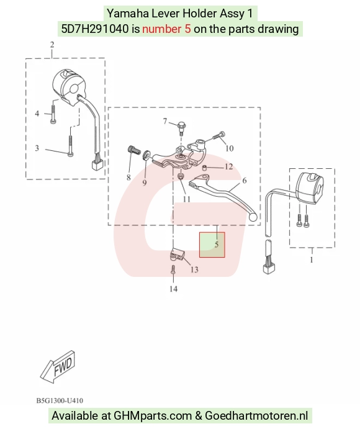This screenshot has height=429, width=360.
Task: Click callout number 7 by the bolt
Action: [x=165, y=121]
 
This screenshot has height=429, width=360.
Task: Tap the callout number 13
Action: [x=194, y=270]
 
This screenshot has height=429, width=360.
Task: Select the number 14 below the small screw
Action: [x=173, y=289]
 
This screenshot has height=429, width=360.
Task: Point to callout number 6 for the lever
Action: [x=245, y=180]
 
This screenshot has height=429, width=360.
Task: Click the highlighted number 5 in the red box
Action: [x=217, y=245]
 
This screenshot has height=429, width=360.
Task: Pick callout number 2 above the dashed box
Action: [x=52, y=45]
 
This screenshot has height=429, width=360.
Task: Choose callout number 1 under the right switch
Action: [x=312, y=260]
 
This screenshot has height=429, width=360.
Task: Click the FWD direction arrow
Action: [x=58, y=367]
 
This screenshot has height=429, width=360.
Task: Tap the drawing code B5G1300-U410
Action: [x=60, y=400]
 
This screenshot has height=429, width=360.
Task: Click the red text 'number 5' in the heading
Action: [x=166, y=29]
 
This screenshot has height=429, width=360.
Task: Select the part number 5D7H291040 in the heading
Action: [x=94, y=29]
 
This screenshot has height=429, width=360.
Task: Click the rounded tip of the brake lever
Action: [x=253, y=217]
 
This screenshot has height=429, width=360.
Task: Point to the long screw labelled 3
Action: [x=71, y=146]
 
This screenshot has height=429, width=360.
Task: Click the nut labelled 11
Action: [x=181, y=176]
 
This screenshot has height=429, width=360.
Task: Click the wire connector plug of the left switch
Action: [x=97, y=165]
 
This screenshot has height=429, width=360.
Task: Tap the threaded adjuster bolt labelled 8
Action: [x=134, y=150]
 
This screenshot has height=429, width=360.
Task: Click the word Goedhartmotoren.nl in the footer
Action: [x=256, y=415]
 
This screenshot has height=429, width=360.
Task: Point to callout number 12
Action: [x=228, y=166]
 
